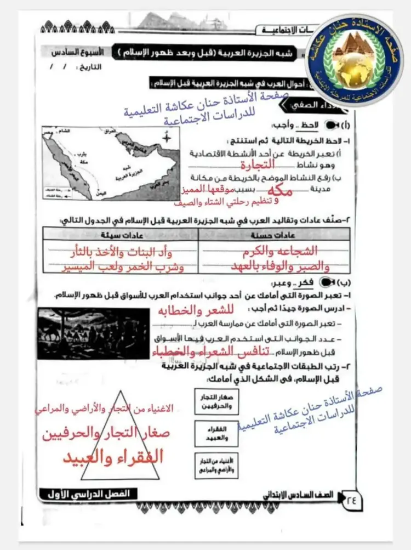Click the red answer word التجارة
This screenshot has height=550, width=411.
tap(257, 164)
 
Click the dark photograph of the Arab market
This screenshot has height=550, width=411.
tap(93, 332)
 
